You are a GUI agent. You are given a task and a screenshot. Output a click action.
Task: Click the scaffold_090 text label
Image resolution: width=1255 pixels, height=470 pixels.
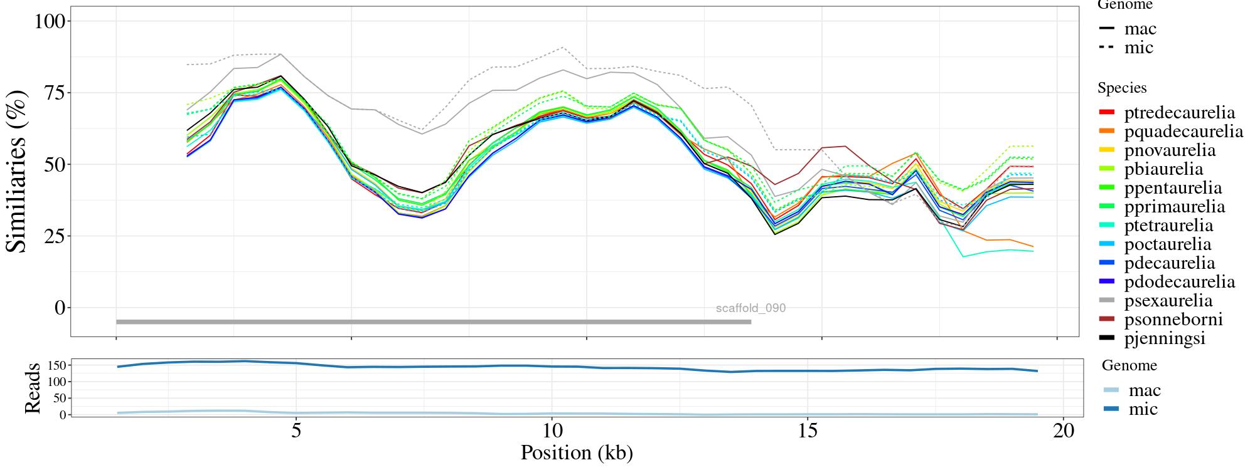(750, 308)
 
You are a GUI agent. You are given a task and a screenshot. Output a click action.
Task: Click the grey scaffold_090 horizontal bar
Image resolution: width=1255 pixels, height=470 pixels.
(433, 322)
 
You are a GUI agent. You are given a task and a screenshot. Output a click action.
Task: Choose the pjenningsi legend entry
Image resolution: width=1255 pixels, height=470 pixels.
(1165, 338)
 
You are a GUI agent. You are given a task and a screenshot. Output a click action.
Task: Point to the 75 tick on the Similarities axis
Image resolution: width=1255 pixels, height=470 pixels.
(51, 93)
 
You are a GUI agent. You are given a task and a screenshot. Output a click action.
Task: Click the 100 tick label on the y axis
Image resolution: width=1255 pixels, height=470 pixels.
(49, 21)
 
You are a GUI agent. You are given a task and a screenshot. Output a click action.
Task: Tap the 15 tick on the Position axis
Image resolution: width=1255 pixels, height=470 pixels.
(808, 431)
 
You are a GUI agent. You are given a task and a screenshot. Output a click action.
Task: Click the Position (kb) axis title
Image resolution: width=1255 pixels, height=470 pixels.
(577, 452)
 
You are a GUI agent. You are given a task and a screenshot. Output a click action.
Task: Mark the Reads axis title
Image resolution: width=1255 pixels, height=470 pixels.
(32, 388)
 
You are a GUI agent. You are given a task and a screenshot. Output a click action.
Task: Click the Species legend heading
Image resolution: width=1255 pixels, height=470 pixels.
(1122, 88)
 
